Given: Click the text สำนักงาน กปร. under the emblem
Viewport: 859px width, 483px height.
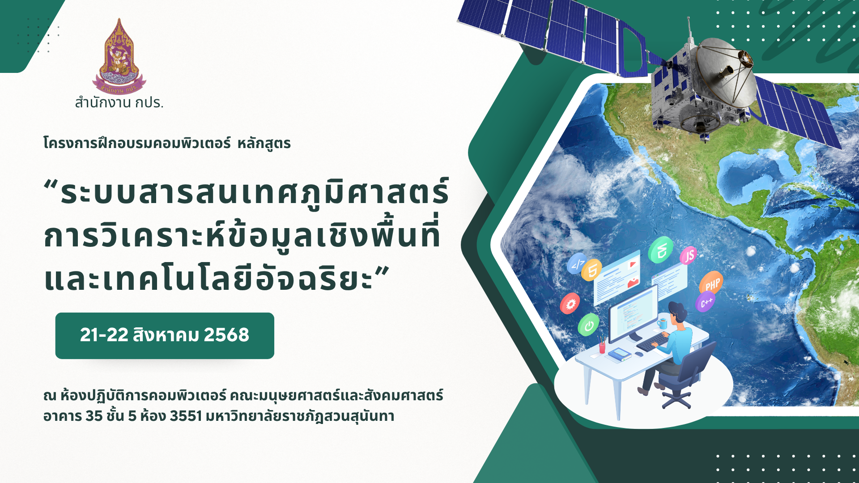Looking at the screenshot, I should [x=119, y=103].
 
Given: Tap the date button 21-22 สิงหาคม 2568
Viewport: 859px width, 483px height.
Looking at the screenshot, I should [x=165, y=335].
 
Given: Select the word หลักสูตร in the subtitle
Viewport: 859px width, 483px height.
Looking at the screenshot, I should [x=264, y=144].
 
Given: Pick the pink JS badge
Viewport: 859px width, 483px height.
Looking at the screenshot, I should [x=689, y=256].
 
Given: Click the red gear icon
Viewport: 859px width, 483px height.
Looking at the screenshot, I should [x=570, y=304].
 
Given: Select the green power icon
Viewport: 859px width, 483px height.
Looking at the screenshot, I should [x=588, y=325].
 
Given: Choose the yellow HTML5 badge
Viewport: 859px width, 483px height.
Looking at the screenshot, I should [x=592, y=270].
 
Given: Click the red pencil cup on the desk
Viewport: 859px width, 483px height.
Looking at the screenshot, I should [x=602, y=347].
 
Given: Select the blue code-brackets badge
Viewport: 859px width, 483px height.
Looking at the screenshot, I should [x=577, y=264].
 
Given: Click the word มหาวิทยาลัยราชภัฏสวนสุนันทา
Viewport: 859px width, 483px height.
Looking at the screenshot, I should [x=300, y=416].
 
